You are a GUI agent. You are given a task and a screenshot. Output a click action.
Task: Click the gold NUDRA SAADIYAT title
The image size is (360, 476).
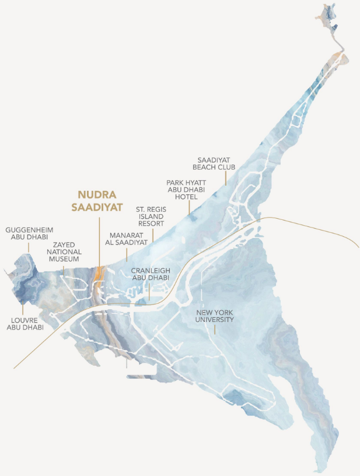click(99, 201)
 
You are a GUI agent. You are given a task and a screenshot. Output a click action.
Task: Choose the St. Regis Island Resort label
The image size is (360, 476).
click(150, 216)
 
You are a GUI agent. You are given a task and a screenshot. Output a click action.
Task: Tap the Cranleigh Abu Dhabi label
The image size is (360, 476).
click(150, 274)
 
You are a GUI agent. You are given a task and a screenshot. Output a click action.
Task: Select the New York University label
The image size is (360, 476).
click(215, 316)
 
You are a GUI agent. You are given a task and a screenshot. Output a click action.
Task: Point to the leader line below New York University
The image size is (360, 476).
click(215, 330)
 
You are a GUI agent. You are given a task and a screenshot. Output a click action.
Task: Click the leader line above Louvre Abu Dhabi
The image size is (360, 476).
click(22, 307)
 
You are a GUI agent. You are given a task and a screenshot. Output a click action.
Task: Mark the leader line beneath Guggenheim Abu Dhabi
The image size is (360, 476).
click(27, 246)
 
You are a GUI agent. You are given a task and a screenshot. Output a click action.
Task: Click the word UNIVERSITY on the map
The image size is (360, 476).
click(215, 320)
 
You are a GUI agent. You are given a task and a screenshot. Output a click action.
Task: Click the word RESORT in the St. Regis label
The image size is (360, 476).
click(150, 223)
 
